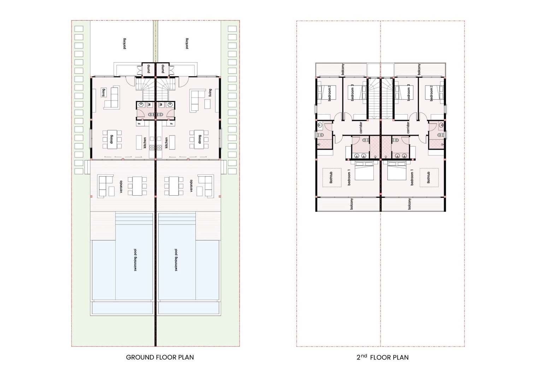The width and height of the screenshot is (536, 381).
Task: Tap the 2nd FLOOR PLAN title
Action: pos(382,357)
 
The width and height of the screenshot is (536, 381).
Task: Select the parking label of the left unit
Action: pos(124,43)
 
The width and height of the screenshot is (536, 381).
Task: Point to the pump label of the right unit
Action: pos(163,69)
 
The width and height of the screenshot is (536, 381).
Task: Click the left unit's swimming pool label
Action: pos(135,260)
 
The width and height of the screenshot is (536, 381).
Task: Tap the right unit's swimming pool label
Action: pos(176,260)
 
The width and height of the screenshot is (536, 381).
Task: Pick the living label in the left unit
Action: pos(104,92)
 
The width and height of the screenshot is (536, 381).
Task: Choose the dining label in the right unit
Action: pos(200,139)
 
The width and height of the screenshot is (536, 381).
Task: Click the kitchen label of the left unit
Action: pos(145,143)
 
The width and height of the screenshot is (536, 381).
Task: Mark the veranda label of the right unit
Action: pos(191,186)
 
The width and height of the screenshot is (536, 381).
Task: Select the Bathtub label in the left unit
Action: pos(331,178)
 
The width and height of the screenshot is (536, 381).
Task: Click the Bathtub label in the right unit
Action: pos(428,178)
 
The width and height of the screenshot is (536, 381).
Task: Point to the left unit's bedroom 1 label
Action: pos(349,177)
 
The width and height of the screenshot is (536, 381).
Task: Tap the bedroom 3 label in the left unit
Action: pos(352,94)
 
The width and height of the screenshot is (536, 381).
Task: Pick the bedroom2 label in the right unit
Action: pos(431,94)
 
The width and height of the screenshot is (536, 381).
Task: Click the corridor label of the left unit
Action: pos(361,127)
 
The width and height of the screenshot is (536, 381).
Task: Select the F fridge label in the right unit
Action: pos(171,124)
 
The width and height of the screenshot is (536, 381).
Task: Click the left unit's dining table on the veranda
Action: pos(137,186)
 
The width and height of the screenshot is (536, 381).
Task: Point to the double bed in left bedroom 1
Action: pos(364,171)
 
